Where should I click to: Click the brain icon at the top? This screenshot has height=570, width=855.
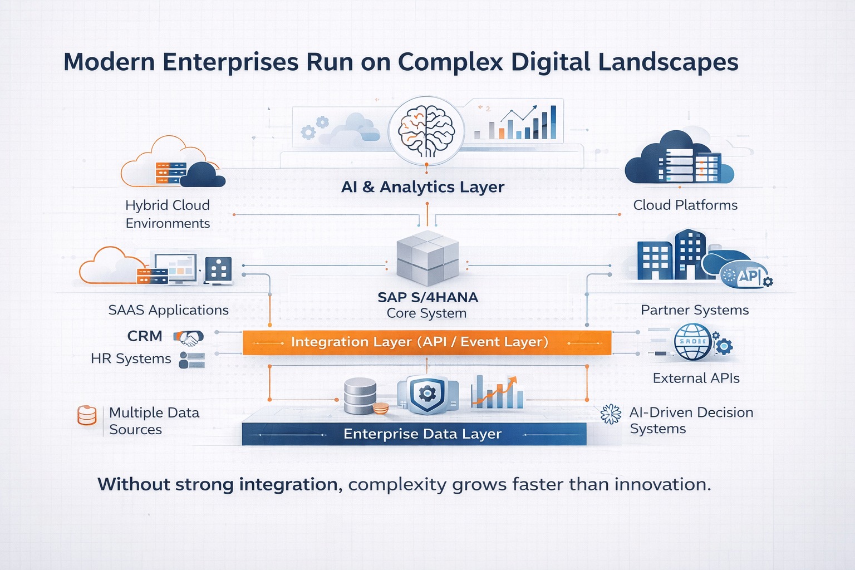(x=426, y=132)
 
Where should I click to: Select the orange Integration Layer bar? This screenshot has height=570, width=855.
(x=426, y=342)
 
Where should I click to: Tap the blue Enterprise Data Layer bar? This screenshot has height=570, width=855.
(x=414, y=434)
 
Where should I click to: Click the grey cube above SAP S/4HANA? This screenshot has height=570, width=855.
(x=427, y=258)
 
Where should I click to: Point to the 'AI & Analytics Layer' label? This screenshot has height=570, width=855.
(x=422, y=187)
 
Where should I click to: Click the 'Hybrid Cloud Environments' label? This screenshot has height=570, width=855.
(x=168, y=214)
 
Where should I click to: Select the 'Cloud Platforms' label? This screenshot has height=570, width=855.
(x=685, y=205)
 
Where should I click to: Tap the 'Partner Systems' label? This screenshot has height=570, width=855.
(x=695, y=310)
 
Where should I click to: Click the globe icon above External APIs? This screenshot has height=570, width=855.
(x=693, y=342)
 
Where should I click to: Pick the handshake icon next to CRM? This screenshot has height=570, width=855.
(x=189, y=337)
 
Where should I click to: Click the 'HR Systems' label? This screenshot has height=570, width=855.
(x=131, y=359)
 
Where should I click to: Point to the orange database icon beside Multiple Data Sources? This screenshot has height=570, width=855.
(x=87, y=415)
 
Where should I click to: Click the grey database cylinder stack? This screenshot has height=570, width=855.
(x=360, y=395)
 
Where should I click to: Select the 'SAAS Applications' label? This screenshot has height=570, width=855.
(x=168, y=310)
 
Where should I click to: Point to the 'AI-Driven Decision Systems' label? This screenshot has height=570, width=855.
(x=691, y=420)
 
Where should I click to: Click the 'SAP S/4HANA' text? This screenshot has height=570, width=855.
(x=427, y=297)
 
